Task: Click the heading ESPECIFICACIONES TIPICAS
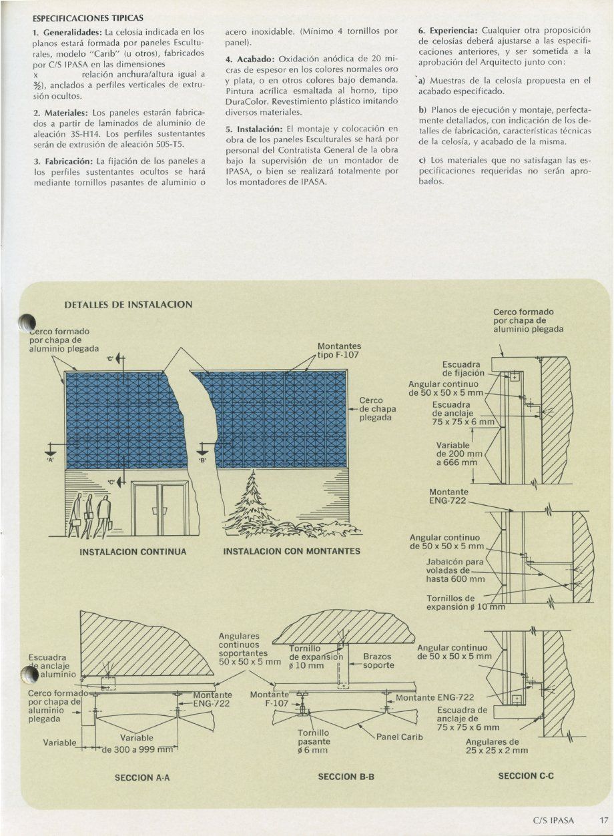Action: coord(88,19)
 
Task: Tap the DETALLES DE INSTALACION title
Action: coord(128,304)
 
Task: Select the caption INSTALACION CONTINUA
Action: coord(132,552)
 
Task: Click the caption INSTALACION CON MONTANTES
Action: coord(292,552)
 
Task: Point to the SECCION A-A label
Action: coord(142,777)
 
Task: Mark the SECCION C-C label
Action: coord(527,776)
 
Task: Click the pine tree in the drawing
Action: coord(254,504)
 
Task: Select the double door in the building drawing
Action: coord(160,510)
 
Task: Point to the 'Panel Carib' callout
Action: coord(400,737)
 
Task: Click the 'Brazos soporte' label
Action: coord(378,661)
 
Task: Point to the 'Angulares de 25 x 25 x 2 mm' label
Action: coord(497,746)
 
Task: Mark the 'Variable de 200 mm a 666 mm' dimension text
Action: coord(456,454)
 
